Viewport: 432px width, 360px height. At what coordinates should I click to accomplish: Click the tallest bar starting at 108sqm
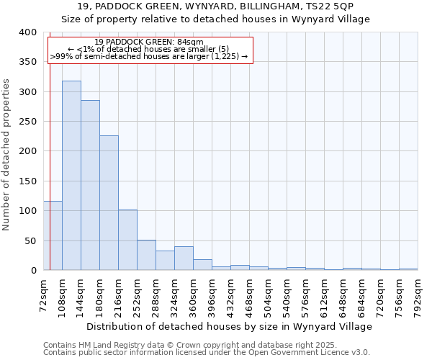71,176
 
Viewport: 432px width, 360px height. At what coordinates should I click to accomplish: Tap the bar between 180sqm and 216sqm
109,203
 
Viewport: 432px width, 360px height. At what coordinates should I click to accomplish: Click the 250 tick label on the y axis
27,122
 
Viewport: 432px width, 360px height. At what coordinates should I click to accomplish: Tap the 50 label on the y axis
30,240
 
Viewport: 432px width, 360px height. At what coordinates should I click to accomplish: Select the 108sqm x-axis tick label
63,295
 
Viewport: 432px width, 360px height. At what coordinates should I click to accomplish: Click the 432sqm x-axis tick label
231,295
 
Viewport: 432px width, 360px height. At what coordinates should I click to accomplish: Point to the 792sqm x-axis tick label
418,295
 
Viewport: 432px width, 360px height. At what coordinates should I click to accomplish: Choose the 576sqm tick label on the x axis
306,295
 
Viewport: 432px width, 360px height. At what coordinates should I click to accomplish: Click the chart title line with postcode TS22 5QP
216,6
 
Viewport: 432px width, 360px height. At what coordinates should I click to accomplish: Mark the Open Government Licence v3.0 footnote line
207,352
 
